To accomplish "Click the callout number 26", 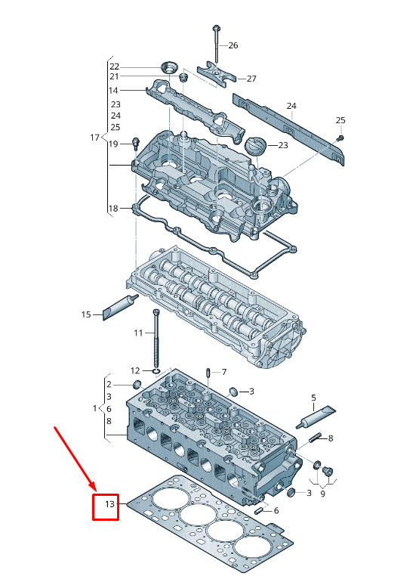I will (x=233, y=46).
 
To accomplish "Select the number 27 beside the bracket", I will (x=251, y=79).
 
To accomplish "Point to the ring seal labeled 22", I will (x=168, y=65).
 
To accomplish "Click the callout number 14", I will (x=114, y=90).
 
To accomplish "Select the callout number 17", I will (x=94, y=138).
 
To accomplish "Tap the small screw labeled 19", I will (x=137, y=143).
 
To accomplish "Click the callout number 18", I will (x=113, y=209).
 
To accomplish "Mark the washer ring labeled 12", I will (x=156, y=371).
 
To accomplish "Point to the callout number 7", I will (x=223, y=372).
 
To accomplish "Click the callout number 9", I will (x=322, y=494).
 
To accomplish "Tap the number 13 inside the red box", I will (x=109, y=504).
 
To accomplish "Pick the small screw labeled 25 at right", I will (x=340, y=138).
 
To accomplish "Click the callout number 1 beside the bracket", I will (x=95, y=408).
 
